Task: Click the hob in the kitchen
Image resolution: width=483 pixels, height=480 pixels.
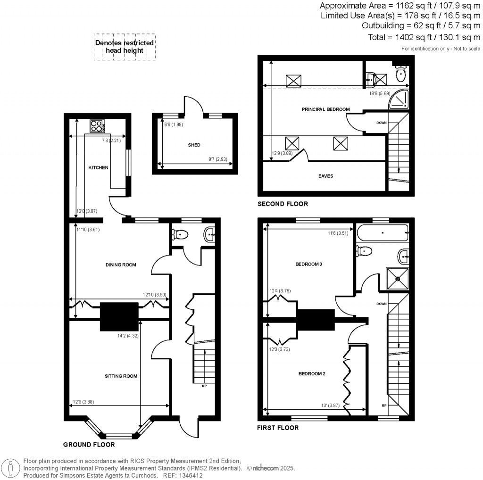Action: pyautogui.click(x=96, y=126)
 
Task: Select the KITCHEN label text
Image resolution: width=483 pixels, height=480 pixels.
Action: pyautogui.click(x=99, y=168)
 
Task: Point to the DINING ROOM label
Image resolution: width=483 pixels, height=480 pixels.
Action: pyautogui.click(x=121, y=265)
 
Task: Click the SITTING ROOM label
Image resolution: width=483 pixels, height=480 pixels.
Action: pyautogui.click(x=121, y=376)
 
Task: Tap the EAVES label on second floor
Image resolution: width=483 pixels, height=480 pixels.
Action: pyautogui.click(x=325, y=176)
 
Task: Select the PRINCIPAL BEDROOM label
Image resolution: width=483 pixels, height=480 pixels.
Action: pyautogui.click(x=325, y=109)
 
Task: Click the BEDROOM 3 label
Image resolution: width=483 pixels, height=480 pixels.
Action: pyautogui.click(x=308, y=264)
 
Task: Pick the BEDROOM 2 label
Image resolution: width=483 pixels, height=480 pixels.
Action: pyautogui.click(x=312, y=373)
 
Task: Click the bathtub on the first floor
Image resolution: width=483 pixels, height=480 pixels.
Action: pyautogui.click(x=382, y=232)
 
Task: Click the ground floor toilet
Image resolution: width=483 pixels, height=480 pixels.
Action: pyautogui.click(x=181, y=234)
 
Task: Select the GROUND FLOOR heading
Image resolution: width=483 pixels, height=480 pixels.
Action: pyautogui.click(x=89, y=444)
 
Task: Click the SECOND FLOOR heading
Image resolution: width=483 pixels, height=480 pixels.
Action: pyautogui.click(x=283, y=204)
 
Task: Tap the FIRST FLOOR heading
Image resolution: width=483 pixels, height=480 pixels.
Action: pyautogui.click(x=278, y=428)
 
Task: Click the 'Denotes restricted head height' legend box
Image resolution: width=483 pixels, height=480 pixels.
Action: pyautogui.click(x=125, y=46)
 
